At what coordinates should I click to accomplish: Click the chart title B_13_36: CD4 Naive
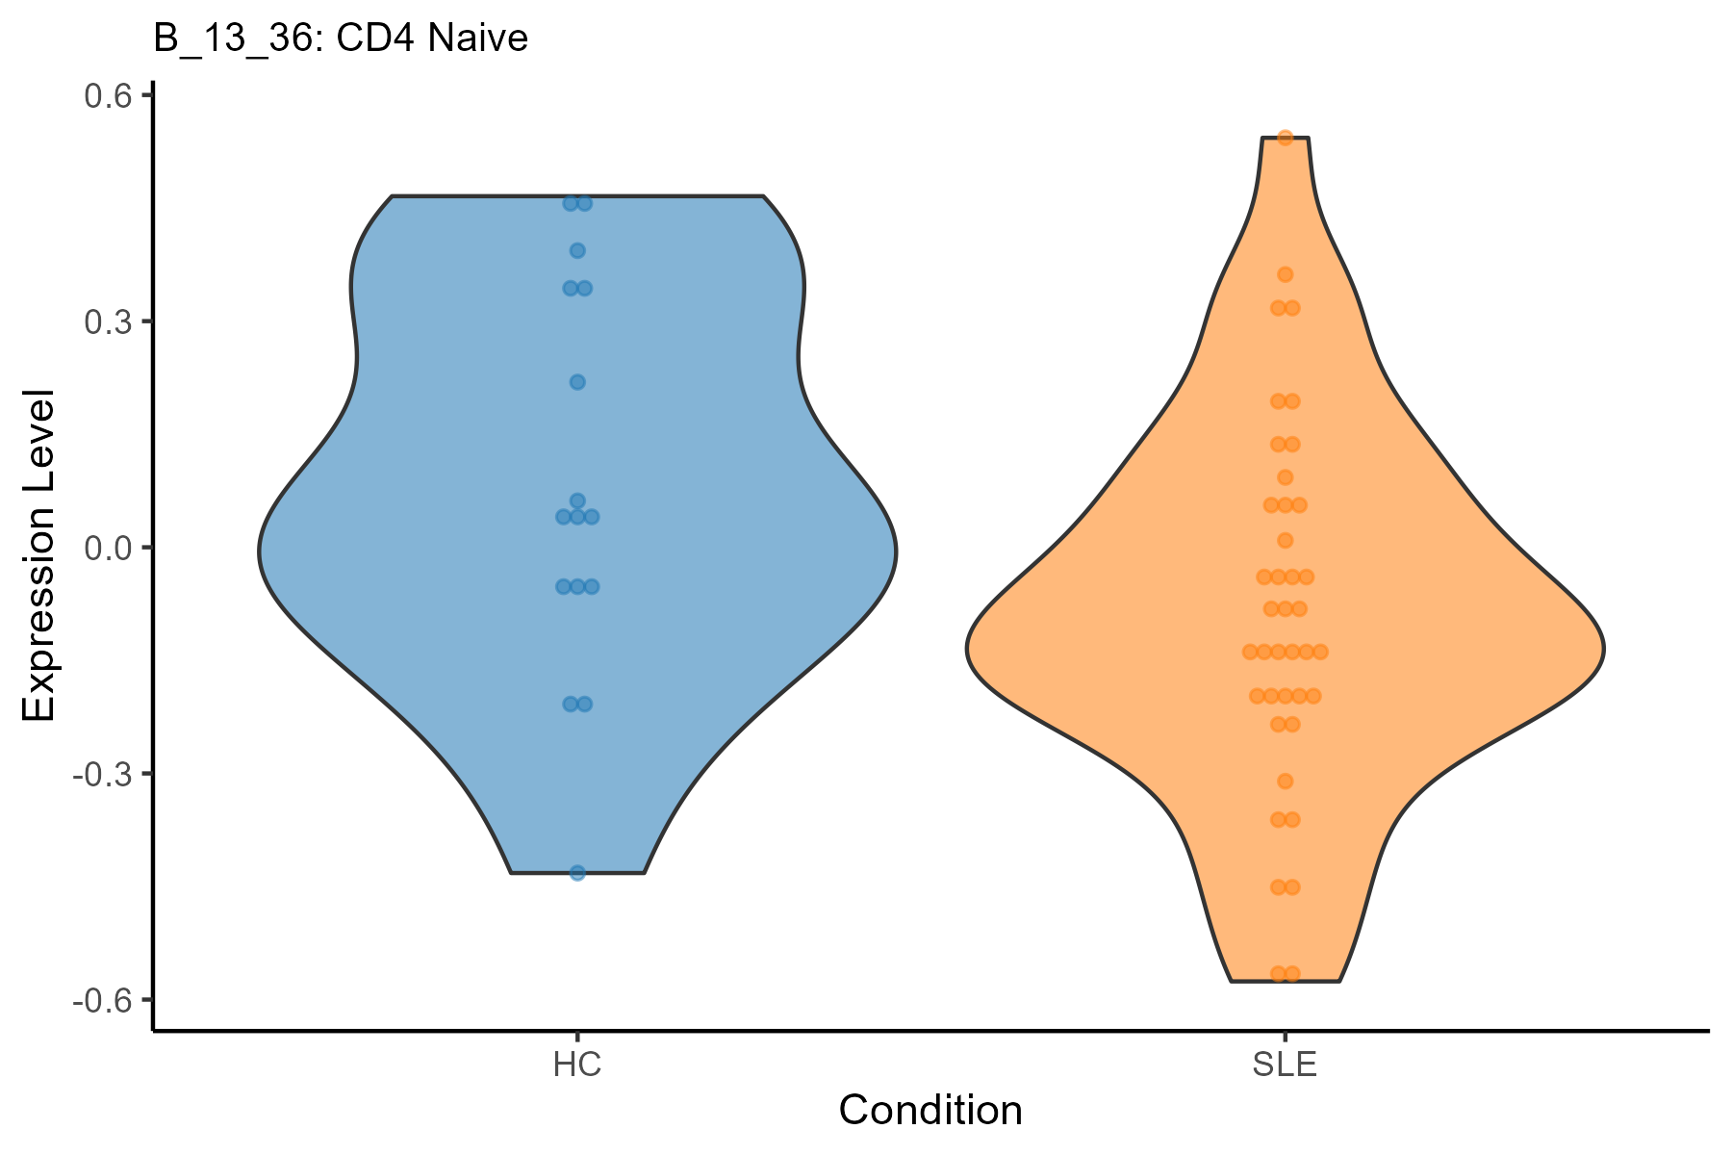coord(341,38)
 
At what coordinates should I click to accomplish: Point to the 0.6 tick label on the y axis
coord(107,95)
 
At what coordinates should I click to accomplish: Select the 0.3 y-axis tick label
coord(107,321)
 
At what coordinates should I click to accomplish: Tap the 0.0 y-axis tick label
coord(107,548)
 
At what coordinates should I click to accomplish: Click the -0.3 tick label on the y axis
coord(101,774)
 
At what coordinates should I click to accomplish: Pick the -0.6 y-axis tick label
coord(101,1000)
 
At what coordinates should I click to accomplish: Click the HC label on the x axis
coord(577,1066)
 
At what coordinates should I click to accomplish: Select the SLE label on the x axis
coord(1285,1066)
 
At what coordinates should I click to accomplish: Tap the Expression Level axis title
coord(40,555)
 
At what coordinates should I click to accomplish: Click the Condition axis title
coord(930,1111)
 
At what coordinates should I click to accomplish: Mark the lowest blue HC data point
coord(577,873)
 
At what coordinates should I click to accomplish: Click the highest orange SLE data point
coord(1285,138)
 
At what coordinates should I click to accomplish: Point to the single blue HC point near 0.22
coord(577,382)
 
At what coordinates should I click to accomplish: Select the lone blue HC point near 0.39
coord(577,251)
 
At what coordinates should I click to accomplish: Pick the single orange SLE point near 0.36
coord(1285,275)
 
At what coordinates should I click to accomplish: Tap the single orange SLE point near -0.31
coord(1285,781)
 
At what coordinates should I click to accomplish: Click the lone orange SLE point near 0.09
coord(1285,477)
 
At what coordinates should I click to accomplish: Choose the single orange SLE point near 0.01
coord(1285,540)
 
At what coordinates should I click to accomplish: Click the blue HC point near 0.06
coord(577,500)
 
